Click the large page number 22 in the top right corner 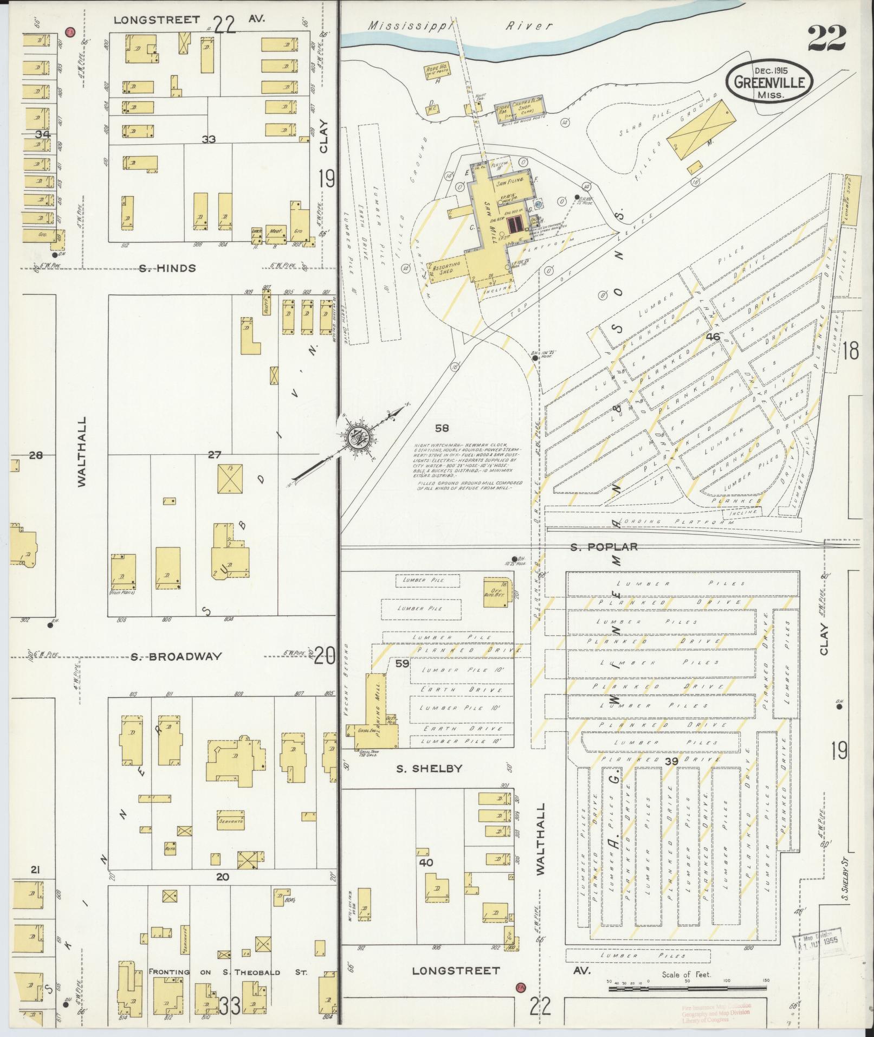point(826,38)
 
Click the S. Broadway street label point(176,656)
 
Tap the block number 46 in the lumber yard point(713,337)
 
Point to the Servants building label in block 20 point(231,821)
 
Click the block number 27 point(215,455)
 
